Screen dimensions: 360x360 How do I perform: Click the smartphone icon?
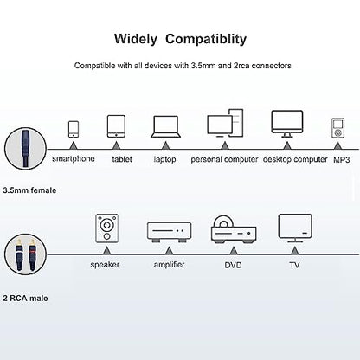click(74, 129)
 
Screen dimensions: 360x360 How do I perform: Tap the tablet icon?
click(116, 126)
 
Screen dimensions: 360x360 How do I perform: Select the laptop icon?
click(165, 126)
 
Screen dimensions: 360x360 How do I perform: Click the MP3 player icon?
click(337, 127)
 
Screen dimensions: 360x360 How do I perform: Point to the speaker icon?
click(107, 228)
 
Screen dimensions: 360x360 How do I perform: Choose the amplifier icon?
click(169, 232)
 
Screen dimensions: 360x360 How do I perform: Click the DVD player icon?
click(234, 229)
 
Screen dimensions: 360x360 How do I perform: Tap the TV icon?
click(295, 228)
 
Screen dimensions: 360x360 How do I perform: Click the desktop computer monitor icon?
click(287, 124)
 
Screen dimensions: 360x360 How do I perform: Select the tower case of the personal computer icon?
click(236, 123)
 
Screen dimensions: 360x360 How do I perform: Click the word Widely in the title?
click(136, 39)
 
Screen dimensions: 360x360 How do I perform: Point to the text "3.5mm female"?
click(29, 190)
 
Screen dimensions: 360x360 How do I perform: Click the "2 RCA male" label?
click(25, 298)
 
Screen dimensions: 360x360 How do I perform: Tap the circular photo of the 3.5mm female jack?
click(25, 149)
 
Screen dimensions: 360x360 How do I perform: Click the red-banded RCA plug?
click(32, 254)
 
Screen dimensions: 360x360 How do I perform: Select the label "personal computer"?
click(224, 159)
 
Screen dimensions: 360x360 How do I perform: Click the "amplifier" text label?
click(169, 264)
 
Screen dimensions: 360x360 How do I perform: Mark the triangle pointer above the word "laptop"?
click(165, 145)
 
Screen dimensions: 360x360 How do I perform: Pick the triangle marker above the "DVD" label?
click(234, 251)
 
